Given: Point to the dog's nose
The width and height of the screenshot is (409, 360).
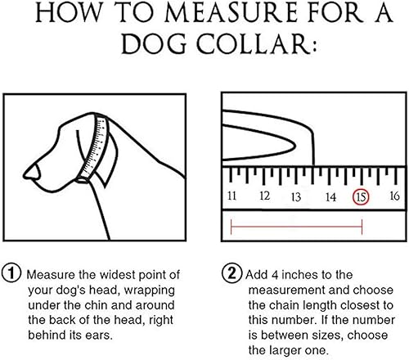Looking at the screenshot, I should point(30,172).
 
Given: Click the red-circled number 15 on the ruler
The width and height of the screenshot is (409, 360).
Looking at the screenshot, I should point(361,197).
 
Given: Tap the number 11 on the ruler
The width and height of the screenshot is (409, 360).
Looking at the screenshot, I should point(232,196).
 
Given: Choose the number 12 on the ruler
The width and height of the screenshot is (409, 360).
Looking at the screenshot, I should point(264,196).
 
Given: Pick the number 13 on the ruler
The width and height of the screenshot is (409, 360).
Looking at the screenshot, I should point(296,197).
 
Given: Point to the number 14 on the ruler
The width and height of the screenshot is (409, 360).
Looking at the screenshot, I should point(330,197).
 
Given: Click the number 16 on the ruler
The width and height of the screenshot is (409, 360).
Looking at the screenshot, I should point(393,196).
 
